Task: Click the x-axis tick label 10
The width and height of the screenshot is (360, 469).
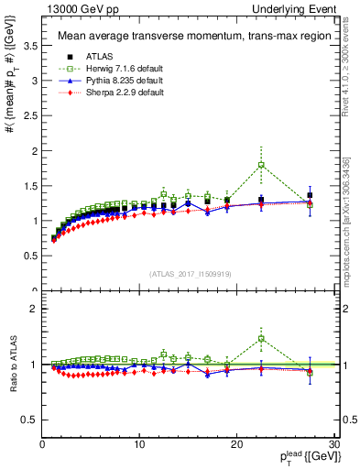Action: (139, 444)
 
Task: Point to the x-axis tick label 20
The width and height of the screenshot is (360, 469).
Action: (237, 444)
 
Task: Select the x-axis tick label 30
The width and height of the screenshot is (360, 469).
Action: (334, 444)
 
